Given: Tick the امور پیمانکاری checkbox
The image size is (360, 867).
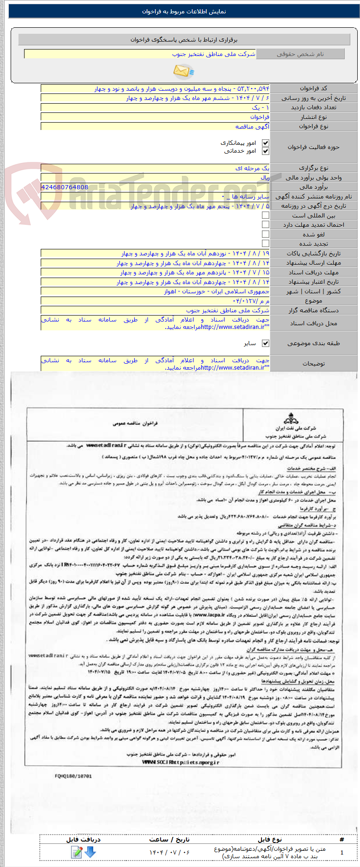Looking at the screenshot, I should pyautogui.click(x=265, y=143).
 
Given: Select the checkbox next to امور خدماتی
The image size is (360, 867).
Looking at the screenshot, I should pyautogui.click(x=265, y=151).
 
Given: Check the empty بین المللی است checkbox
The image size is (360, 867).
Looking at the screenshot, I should pyautogui.click(x=265, y=215).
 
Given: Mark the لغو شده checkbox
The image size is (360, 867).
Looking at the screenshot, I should pyautogui.click(x=265, y=234).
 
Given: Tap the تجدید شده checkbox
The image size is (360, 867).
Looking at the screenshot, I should pyautogui.click(x=265, y=243).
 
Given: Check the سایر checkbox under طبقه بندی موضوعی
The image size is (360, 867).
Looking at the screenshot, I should pyautogui.click(x=265, y=343).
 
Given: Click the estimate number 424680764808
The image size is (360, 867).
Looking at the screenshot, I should pyautogui.click(x=64, y=187).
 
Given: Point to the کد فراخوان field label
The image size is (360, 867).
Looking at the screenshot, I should pyautogui.click(x=313, y=88).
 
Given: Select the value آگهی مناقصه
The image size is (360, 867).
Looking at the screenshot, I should pyautogui.click(x=252, y=126).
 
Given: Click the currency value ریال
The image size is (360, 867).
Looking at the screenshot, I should pyautogui.click(x=265, y=178).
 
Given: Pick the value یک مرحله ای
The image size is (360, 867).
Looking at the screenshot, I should pyautogui.click(x=252, y=168).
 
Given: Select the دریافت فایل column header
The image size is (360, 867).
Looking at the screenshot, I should pyautogui.click(x=83, y=839).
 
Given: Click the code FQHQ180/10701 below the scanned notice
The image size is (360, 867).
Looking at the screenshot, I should pyautogui.click(x=73, y=776).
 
